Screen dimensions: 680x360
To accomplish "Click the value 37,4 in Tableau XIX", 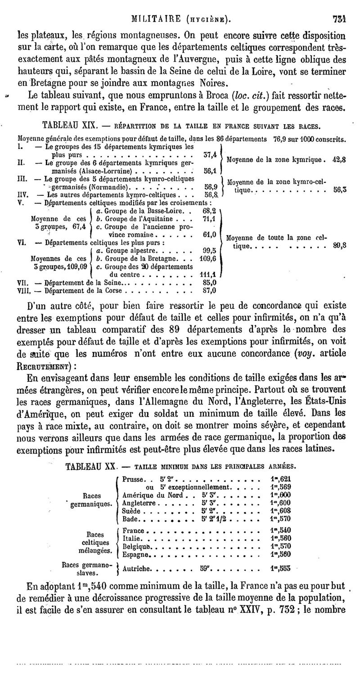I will point(210,155).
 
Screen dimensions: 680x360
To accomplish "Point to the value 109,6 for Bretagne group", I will point(208,259).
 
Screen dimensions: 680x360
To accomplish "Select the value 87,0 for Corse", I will point(210,290).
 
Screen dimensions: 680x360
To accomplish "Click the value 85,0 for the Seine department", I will point(210,283).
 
